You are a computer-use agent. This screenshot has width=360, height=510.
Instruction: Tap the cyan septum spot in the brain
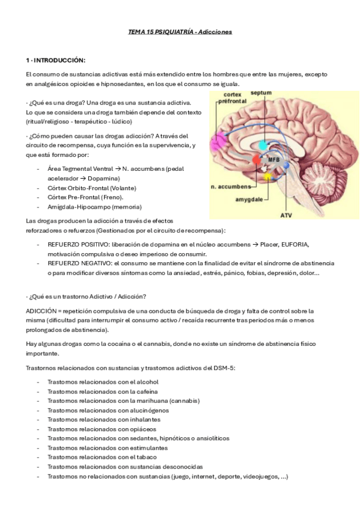[263, 145]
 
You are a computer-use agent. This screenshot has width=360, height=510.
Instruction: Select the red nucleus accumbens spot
[257, 160]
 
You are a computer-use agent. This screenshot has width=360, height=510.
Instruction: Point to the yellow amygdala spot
[267, 177]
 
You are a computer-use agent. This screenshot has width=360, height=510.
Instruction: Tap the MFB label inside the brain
[273, 159]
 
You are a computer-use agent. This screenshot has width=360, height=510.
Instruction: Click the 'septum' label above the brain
[261, 94]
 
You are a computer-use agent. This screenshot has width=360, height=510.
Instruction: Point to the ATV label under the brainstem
[286, 214]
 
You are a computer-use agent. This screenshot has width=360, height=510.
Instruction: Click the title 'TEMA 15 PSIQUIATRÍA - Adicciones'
[180, 31]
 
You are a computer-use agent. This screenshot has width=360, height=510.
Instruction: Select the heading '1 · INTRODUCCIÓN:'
[56, 60]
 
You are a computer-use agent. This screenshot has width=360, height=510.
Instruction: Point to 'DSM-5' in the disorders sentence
[227, 367]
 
